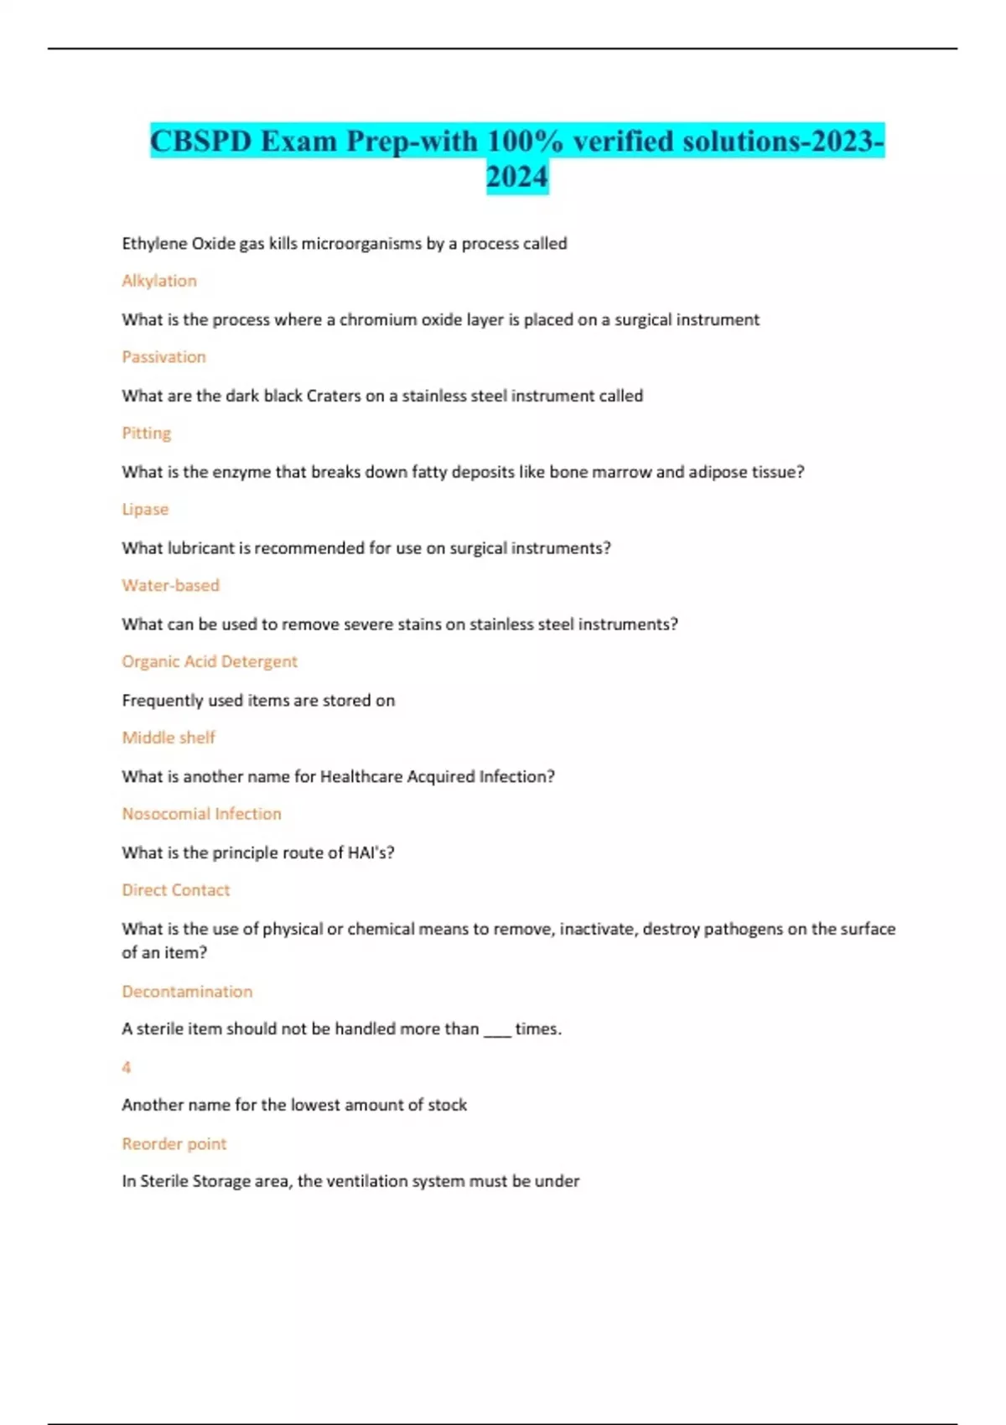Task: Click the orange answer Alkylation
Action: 159,281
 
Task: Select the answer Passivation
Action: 163,357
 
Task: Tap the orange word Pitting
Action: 147,433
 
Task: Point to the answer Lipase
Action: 145,510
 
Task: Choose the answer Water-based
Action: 170,585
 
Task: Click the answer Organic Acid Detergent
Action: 210,661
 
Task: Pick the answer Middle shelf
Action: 169,738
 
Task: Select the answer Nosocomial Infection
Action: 201,814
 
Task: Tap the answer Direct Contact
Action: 175,890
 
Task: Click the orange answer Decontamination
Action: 187,992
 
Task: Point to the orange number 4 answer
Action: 127,1067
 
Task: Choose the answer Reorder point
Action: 174,1144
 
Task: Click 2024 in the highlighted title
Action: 517,177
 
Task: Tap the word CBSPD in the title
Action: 201,141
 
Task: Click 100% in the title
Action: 525,141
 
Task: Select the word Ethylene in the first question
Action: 154,244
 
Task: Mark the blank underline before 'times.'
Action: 497,1031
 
